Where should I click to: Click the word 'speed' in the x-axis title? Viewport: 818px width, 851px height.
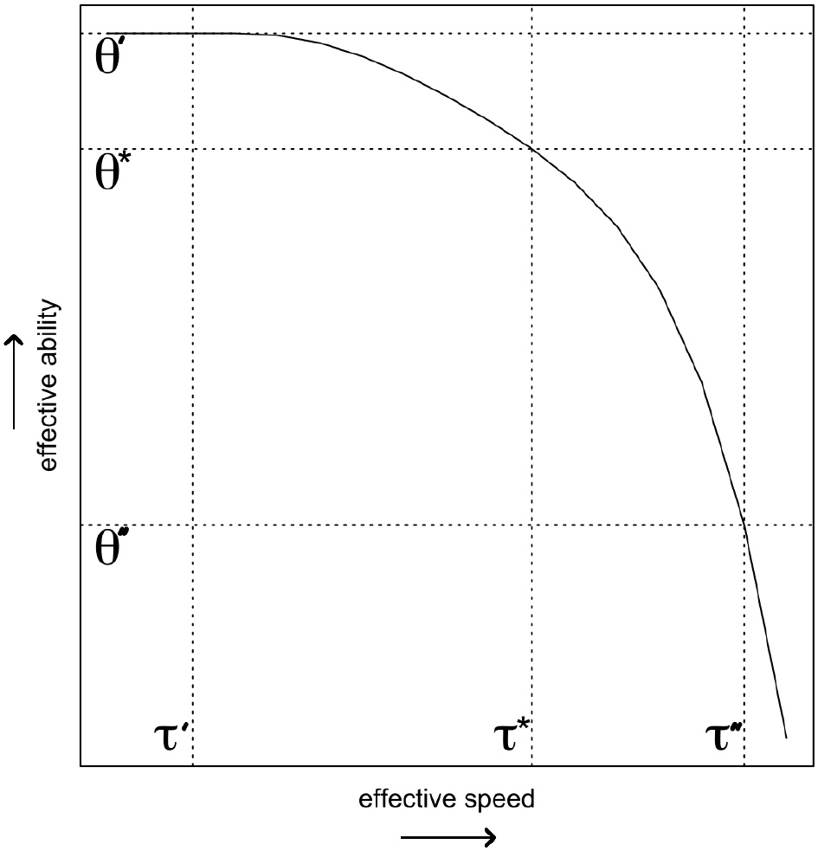coord(505,797)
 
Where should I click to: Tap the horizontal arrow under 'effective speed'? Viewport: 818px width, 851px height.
coord(448,836)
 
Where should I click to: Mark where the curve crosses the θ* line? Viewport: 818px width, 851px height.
coord(531,150)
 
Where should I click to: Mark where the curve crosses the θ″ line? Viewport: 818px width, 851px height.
coord(744,525)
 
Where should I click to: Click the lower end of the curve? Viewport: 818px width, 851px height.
coord(785,738)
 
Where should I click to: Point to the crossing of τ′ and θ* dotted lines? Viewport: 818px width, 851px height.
coord(192,150)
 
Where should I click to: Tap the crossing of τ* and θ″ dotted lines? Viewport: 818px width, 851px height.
coord(531,525)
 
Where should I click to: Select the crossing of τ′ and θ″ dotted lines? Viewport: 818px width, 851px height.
coord(192,525)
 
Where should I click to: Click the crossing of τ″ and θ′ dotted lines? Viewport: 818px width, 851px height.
coord(744,34)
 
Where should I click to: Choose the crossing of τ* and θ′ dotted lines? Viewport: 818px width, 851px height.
coord(531,34)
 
